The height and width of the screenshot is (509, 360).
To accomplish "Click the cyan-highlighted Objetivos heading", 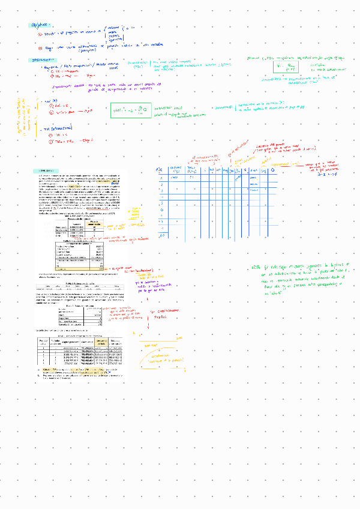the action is pyautogui.click(x=40, y=26).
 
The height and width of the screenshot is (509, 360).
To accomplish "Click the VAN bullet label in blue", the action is pyautogui.click(x=47, y=102).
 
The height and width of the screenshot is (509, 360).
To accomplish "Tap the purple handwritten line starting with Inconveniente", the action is pyautogui.click(x=90, y=86).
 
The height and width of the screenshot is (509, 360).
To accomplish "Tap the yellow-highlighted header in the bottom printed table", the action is pyautogui.click(x=102, y=342).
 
